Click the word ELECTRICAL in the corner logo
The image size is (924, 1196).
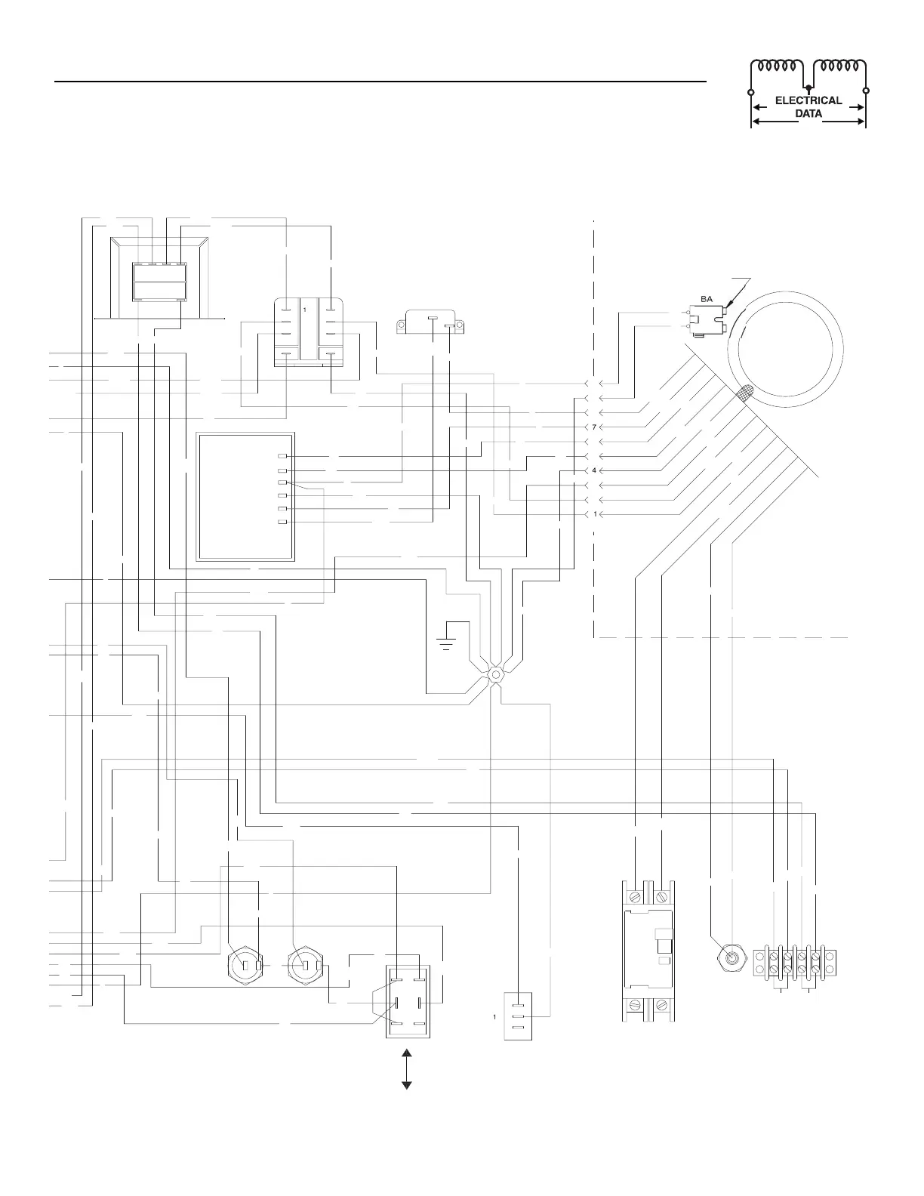click(x=808, y=100)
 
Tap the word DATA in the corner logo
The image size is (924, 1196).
click(x=808, y=114)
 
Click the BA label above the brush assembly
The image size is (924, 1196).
click(x=707, y=299)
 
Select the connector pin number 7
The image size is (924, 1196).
click(x=595, y=427)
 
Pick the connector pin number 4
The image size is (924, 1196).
click(x=595, y=470)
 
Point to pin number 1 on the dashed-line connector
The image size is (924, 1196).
click(x=595, y=514)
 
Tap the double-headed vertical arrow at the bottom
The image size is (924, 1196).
click(x=407, y=1069)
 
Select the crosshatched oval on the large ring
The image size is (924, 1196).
click(x=746, y=393)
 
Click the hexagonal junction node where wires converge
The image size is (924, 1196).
click(x=496, y=674)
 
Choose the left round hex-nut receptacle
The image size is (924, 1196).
click(x=245, y=965)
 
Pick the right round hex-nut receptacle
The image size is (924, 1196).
click(x=306, y=965)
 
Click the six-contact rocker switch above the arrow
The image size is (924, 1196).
click(x=407, y=994)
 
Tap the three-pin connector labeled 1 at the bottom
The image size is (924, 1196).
click(x=518, y=1016)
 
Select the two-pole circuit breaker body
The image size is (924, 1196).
click(x=648, y=951)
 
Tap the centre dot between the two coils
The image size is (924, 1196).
click(x=808, y=88)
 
